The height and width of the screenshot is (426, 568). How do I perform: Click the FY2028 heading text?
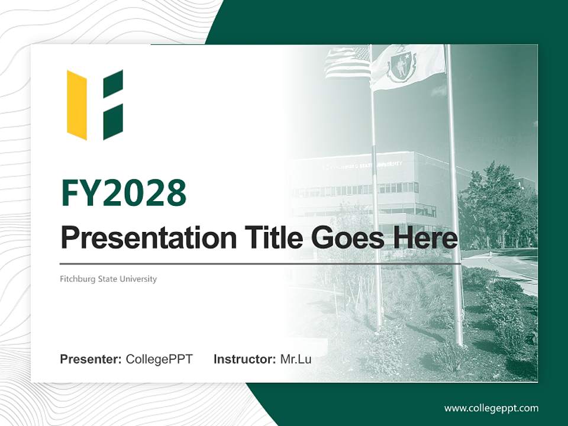click(124, 193)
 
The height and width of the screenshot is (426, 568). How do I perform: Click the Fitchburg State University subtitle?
click(108, 279)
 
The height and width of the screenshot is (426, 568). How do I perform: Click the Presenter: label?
click(91, 359)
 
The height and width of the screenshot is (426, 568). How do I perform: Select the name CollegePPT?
click(159, 359)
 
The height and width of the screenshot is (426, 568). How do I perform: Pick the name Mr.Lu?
click(296, 359)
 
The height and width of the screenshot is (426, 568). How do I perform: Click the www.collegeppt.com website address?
click(491, 408)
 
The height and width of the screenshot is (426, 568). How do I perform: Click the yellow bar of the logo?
click(77, 105)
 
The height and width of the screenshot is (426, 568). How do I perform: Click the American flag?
click(348, 62)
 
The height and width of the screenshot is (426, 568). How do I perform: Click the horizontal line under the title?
click(260, 263)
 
